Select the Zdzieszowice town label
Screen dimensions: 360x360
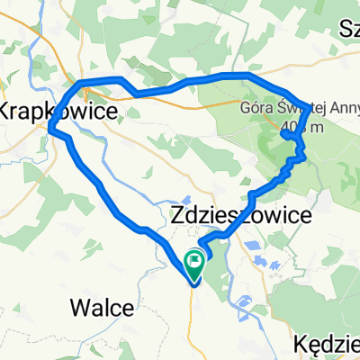tap(241, 217)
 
